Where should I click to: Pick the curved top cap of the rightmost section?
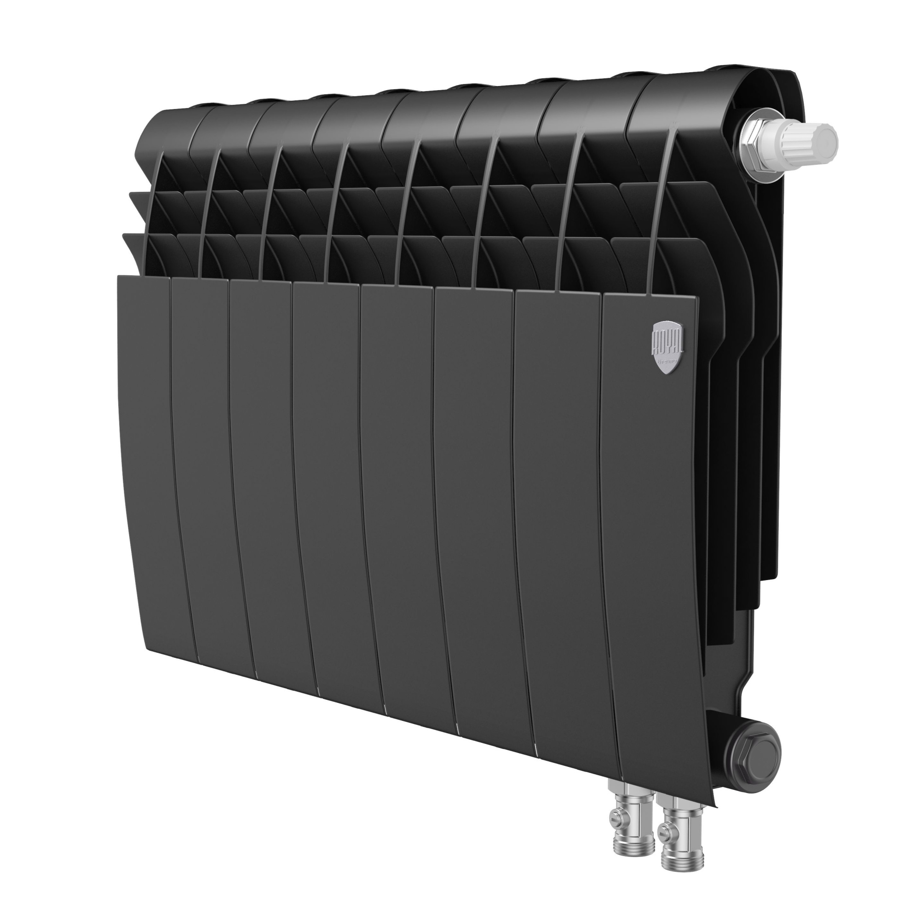coord(690,95)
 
